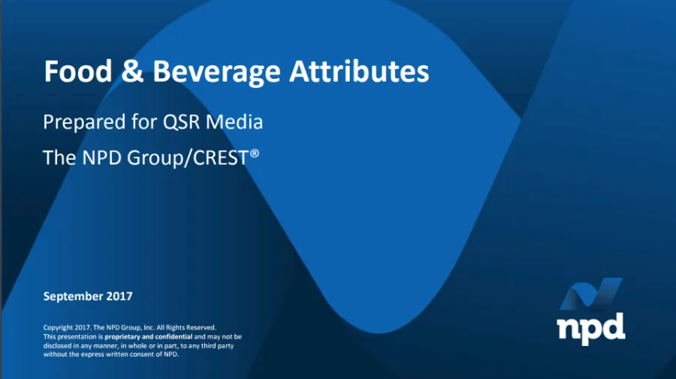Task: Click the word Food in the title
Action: [x=78, y=71]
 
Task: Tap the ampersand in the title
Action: [x=132, y=71]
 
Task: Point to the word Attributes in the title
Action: [x=359, y=71]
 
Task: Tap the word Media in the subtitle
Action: [x=234, y=122]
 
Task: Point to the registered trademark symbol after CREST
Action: [x=255, y=153]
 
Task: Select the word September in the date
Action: [x=73, y=296]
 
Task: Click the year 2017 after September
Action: [x=119, y=296]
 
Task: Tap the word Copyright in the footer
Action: [x=58, y=328]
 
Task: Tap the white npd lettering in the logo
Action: [x=590, y=329]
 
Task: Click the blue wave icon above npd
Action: [x=591, y=293]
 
